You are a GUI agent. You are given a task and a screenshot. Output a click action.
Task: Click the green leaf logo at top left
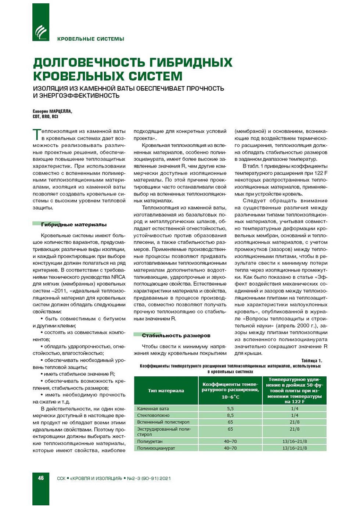point(41,31)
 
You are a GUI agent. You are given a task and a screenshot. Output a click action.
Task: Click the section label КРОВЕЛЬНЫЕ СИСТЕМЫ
point(90,39)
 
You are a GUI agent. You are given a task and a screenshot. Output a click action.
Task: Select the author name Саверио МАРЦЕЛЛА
point(52,111)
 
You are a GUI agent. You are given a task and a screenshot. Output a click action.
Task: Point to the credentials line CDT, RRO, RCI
point(45,117)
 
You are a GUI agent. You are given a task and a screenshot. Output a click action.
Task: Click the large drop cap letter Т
point(36,134)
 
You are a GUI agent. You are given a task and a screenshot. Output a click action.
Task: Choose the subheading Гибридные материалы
point(73,225)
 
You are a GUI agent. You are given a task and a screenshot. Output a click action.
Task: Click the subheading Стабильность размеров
point(176,336)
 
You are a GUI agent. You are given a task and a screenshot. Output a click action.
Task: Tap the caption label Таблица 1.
point(312,361)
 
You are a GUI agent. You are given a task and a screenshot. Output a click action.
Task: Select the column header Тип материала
point(166,391)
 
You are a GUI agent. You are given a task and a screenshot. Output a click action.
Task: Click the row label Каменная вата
point(153,409)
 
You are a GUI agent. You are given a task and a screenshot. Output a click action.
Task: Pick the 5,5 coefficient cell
point(230,409)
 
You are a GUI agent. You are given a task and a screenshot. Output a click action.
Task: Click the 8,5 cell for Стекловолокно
point(230,415)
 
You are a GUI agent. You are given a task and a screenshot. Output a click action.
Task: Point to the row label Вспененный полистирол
point(163,422)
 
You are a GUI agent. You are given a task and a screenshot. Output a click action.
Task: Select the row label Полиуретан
point(150,441)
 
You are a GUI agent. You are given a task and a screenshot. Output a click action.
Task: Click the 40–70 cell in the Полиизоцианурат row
point(230,448)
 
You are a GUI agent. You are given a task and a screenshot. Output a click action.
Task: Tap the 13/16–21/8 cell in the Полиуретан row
point(295,441)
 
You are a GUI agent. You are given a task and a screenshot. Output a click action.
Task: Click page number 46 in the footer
point(41,478)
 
